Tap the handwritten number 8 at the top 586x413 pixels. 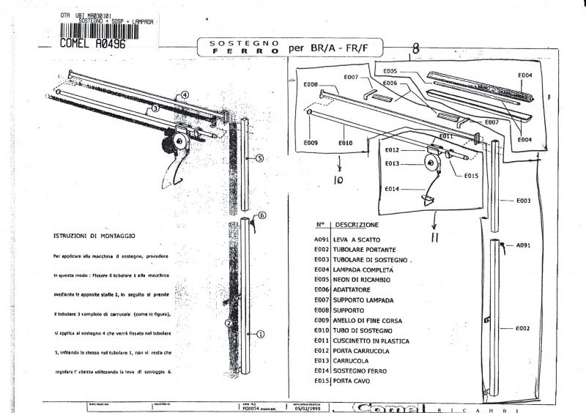coord(415,50)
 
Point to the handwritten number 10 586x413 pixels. coord(339,179)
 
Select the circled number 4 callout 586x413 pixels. coord(185,94)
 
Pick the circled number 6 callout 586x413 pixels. coord(262,216)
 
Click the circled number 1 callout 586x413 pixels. coord(259,333)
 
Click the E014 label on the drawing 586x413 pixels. coord(392,189)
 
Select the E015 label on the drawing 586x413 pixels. coord(470,176)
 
